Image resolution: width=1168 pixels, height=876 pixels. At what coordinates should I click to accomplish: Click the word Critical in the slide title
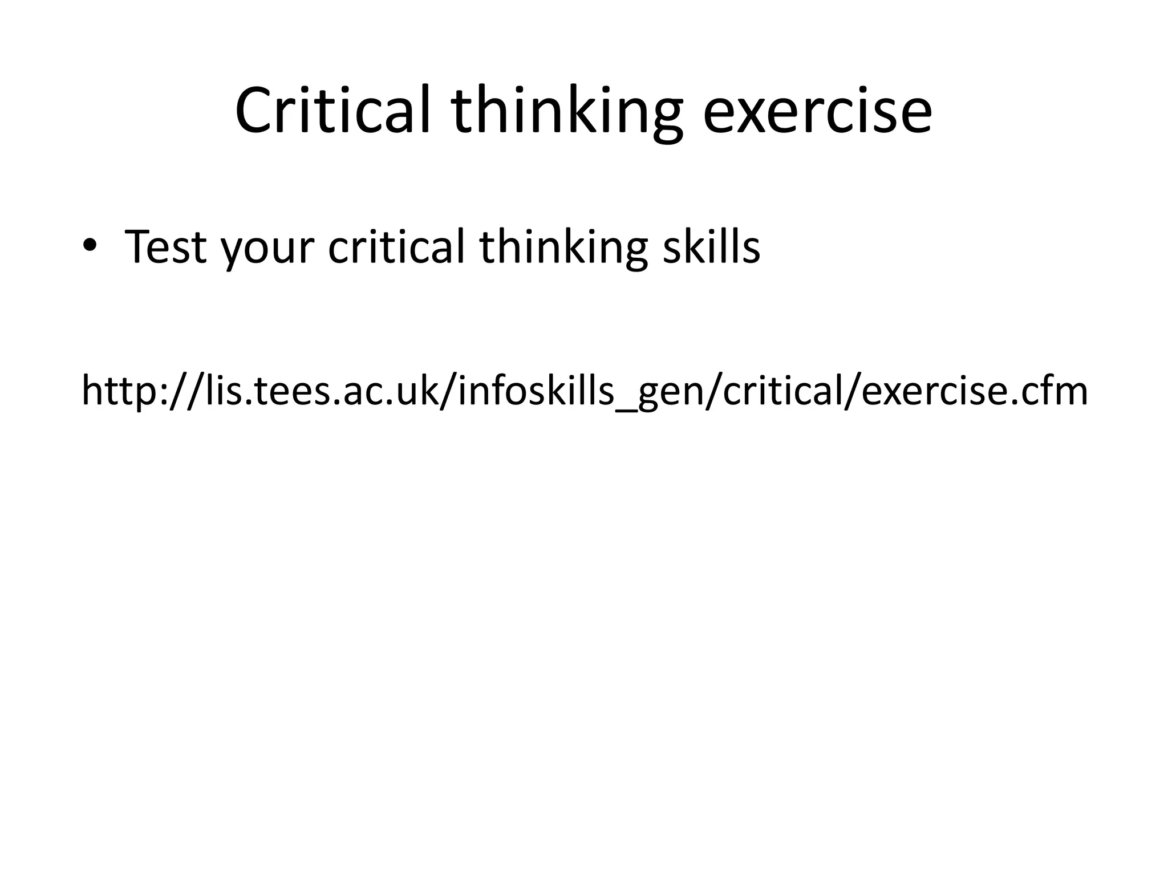click(332, 111)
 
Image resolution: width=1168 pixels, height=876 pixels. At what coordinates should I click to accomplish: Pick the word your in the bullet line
click(267, 251)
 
